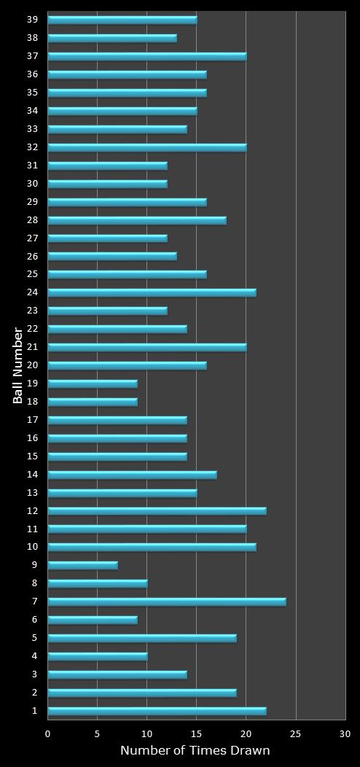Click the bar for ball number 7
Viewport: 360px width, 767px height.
click(x=167, y=601)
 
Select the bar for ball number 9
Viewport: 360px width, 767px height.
click(x=83, y=565)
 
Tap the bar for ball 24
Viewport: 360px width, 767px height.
click(x=152, y=292)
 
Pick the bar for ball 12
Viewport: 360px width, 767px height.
click(x=157, y=510)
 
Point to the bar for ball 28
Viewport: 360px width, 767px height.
click(x=137, y=220)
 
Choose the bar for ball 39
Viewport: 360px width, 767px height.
click(x=122, y=20)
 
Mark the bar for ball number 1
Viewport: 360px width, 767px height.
click(x=157, y=711)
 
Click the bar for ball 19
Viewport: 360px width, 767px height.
click(x=93, y=383)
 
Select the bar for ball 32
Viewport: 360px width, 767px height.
click(x=147, y=147)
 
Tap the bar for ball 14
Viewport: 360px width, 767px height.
click(x=132, y=475)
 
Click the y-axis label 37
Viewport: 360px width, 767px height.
click(x=32, y=55)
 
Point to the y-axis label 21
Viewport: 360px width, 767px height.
click(x=32, y=346)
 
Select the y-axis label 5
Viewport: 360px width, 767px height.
click(x=34, y=637)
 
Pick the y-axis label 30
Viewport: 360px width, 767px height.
click(x=32, y=183)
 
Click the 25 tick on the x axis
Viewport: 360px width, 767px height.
click(x=296, y=733)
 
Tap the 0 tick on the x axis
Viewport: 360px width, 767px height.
click(x=48, y=733)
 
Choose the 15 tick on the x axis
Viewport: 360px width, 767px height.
click(x=197, y=733)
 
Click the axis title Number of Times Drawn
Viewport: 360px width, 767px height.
click(x=195, y=750)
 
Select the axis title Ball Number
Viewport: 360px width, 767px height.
click(x=18, y=365)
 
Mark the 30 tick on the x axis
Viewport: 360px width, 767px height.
click(x=345, y=733)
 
